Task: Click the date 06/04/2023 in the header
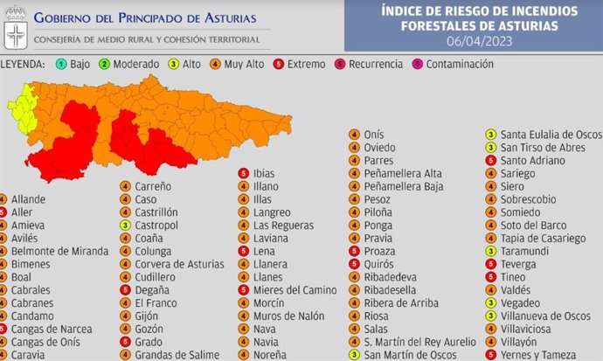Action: click(473, 41)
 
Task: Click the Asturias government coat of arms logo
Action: click(16, 25)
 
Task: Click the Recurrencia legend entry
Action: click(373, 64)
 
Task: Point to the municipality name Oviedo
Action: click(382, 148)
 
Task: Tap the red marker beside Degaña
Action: click(125, 290)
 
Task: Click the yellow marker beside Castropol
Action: click(125, 226)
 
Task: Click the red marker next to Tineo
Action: click(491, 277)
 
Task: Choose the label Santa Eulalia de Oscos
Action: click(551, 135)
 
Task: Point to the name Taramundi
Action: click(527, 251)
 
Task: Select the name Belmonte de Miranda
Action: click(60, 251)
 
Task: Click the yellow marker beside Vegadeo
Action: click(491, 303)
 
